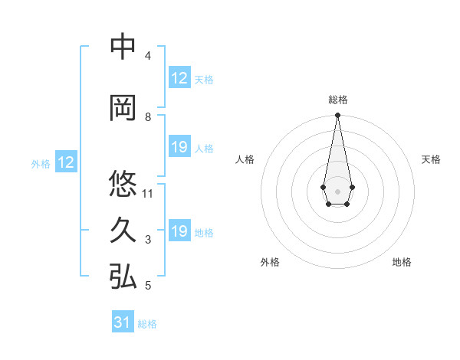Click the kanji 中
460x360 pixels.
click(x=123, y=47)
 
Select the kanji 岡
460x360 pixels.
click(x=123, y=108)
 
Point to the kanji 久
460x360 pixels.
click(x=123, y=231)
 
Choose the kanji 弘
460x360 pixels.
click(x=123, y=277)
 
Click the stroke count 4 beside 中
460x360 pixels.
click(x=147, y=56)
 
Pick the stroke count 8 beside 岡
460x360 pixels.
click(x=147, y=117)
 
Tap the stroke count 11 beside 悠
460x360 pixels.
click(x=149, y=193)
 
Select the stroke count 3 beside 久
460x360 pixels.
click(x=147, y=240)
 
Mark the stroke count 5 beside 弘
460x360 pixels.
click(x=147, y=286)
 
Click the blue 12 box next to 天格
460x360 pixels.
click(x=179, y=78)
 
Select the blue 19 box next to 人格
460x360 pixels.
click(x=179, y=147)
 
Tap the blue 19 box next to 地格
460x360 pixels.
click(x=179, y=231)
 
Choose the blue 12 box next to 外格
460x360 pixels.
click(x=65, y=162)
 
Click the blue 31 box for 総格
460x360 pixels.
click(x=123, y=322)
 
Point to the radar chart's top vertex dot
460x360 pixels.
click(x=337, y=116)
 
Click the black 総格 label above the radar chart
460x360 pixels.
click(x=337, y=100)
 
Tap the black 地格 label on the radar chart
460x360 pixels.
click(x=402, y=262)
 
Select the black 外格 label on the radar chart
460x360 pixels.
click(x=270, y=262)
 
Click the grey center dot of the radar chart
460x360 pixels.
click(x=337, y=191)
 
